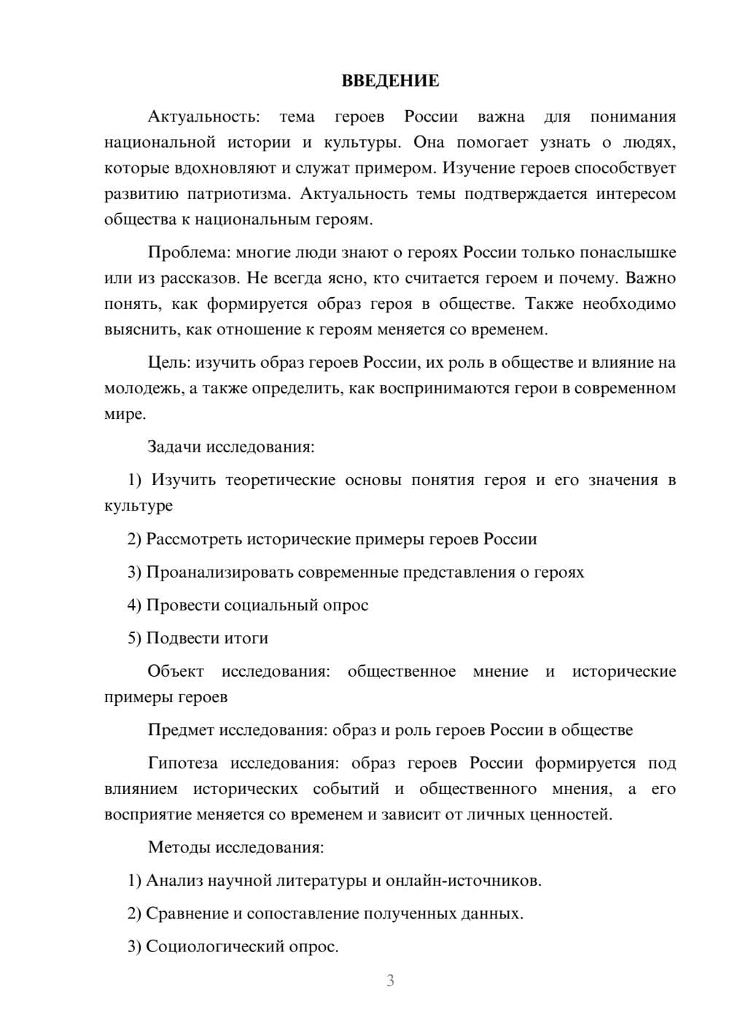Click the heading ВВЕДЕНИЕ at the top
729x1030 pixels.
390,81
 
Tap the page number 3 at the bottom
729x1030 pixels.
390,980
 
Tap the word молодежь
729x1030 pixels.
144,388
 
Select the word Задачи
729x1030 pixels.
175,447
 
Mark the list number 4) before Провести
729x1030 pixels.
135,605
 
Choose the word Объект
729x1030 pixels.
176,671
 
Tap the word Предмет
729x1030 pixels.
181,730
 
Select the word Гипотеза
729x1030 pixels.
183,763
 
